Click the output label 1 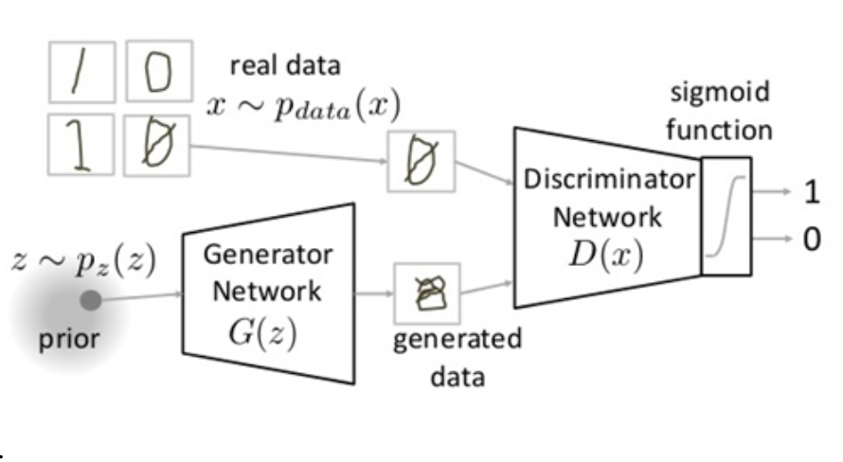811,192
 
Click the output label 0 811,239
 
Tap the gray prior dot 91,301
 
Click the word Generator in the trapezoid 268,256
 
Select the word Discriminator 607,180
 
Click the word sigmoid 720,93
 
